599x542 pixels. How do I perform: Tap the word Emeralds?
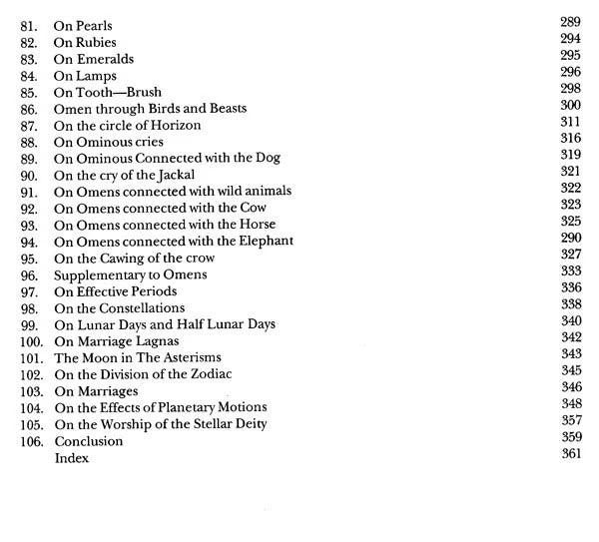[x=104, y=59]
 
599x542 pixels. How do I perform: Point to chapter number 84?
[x=29, y=76]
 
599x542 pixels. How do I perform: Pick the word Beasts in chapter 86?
[x=223, y=109]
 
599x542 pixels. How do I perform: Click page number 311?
[x=570, y=121]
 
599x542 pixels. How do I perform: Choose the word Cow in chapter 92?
[x=253, y=209]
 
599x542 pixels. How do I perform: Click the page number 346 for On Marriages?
[x=570, y=386]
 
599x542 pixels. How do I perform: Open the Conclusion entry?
[x=89, y=441]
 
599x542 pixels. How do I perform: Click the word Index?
[x=72, y=458]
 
